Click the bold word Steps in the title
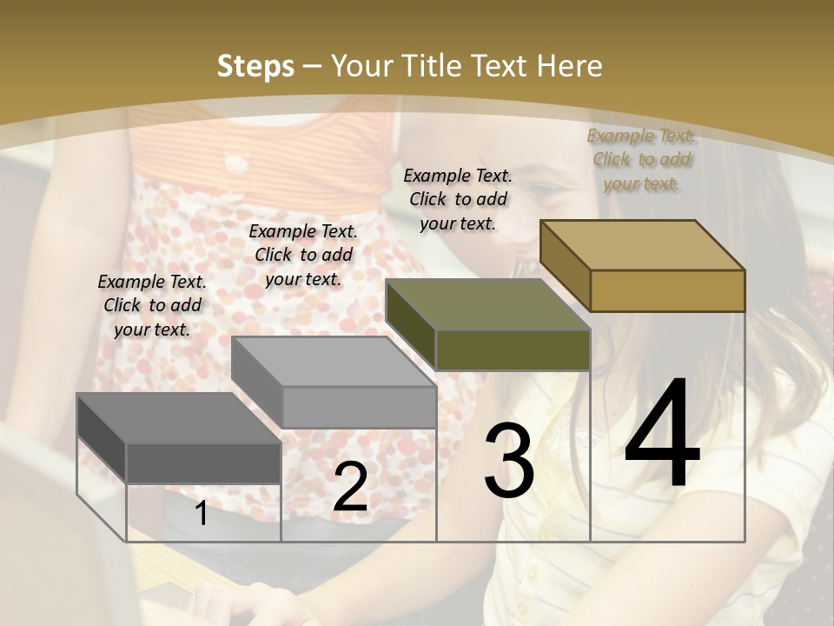click(255, 66)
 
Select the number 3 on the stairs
click(508, 461)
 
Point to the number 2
click(350, 488)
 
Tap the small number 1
click(202, 514)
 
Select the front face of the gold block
click(667, 290)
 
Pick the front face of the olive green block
click(513, 350)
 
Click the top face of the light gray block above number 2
click(334, 362)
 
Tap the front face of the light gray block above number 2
click(359, 407)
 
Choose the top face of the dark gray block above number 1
click(179, 418)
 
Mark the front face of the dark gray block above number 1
click(203, 463)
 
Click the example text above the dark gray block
click(152, 305)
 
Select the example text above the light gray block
click(303, 255)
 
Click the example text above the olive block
click(458, 199)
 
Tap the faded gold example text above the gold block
click(641, 159)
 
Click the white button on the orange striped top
click(234, 162)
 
